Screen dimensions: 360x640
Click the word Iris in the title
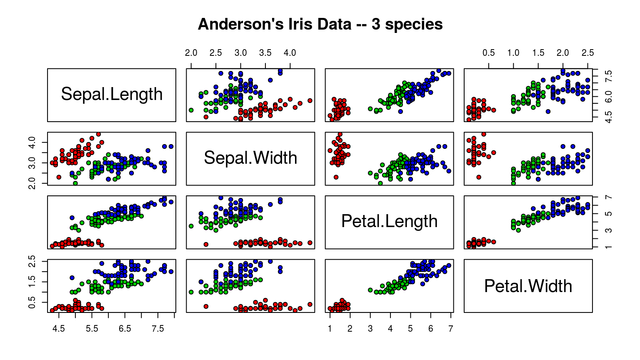click(299, 25)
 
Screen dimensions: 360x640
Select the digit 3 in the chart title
click(375, 25)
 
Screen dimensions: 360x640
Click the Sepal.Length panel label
click(112, 95)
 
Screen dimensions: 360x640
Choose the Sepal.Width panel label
click(250, 158)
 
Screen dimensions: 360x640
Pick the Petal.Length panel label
click(389, 222)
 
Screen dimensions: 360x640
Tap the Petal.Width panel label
click(528, 286)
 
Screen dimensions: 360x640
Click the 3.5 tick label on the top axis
click(265, 53)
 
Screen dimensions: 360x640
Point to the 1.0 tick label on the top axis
click(513, 53)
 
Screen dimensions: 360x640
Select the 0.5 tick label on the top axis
click(489, 53)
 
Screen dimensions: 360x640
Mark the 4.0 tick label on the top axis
click(290, 53)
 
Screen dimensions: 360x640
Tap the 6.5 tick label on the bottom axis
click(125, 329)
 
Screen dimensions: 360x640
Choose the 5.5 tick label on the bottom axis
click(92, 329)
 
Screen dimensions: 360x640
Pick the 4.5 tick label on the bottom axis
click(59, 329)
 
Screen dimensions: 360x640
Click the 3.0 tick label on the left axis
click(35, 163)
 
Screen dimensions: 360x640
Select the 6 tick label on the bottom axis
click(430, 329)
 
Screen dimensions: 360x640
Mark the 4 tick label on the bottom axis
click(390, 329)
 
